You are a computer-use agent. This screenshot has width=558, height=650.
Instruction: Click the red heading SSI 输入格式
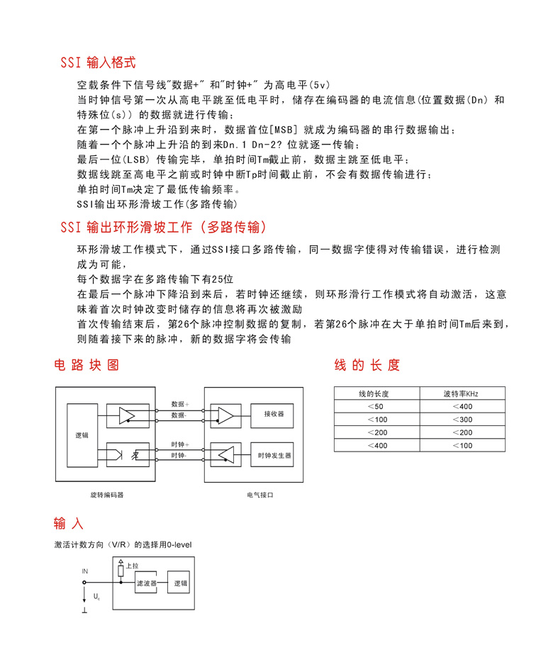tap(97, 62)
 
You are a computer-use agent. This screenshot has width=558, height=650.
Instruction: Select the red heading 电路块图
tap(87, 365)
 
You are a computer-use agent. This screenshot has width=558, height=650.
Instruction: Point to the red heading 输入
tap(69, 524)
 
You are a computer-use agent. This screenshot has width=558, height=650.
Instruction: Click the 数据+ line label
tap(180, 403)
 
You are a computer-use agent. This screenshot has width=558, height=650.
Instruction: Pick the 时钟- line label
tap(178, 454)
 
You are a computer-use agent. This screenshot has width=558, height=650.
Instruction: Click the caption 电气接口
tap(260, 495)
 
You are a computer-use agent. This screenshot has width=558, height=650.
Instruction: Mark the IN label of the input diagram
tap(84, 571)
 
